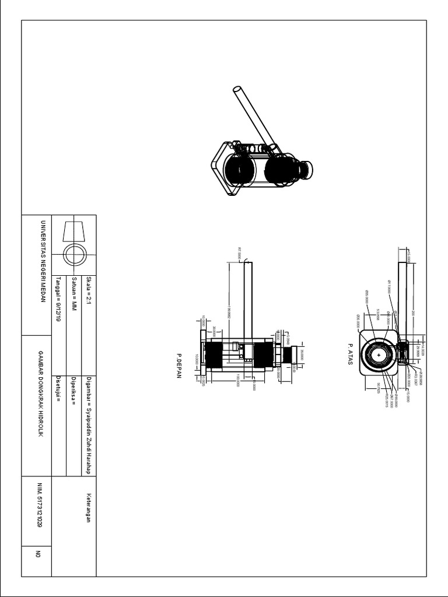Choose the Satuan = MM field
(x=74, y=292)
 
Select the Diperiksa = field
(x=74, y=387)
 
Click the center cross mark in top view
(x=379, y=354)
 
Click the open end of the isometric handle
(x=237, y=91)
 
